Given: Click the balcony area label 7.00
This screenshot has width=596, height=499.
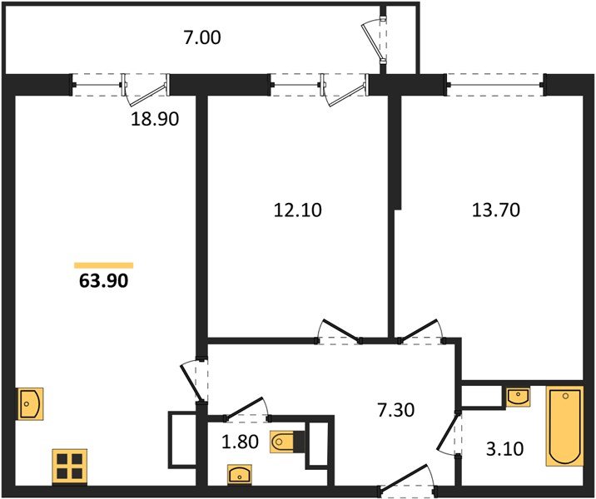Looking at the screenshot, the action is pyautogui.click(x=201, y=38).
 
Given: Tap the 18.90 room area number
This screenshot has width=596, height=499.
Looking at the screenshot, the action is pyautogui.click(x=155, y=119).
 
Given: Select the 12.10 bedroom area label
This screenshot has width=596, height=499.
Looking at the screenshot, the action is pyautogui.click(x=298, y=210).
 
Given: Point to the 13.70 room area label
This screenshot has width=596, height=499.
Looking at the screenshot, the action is pyautogui.click(x=495, y=210).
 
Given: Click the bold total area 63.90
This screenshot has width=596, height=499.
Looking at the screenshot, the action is pyautogui.click(x=104, y=281).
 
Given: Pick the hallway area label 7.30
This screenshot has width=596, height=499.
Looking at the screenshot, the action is pyautogui.click(x=395, y=410).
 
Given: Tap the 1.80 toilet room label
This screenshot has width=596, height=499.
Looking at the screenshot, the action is pyautogui.click(x=240, y=442).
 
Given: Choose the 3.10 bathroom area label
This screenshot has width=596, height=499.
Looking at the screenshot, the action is pyautogui.click(x=504, y=449).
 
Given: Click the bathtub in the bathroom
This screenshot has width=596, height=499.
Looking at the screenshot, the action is pyautogui.click(x=564, y=426).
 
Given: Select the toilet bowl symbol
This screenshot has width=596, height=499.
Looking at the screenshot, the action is pyautogui.click(x=287, y=442).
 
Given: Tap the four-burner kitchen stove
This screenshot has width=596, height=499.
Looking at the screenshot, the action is pyautogui.click(x=70, y=467).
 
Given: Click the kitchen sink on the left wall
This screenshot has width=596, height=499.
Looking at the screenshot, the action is pyautogui.click(x=30, y=403).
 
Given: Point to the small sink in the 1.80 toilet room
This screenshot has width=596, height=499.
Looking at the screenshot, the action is pyautogui.click(x=240, y=474).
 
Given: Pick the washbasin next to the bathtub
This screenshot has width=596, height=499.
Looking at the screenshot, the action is pyautogui.click(x=519, y=397).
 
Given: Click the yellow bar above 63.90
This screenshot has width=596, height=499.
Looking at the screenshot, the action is pyautogui.click(x=104, y=265).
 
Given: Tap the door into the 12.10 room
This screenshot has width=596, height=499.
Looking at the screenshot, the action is pyautogui.click(x=339, y=331).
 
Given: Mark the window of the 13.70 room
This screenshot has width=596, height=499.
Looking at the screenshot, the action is pyautogui.click(x=495, y=84).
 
